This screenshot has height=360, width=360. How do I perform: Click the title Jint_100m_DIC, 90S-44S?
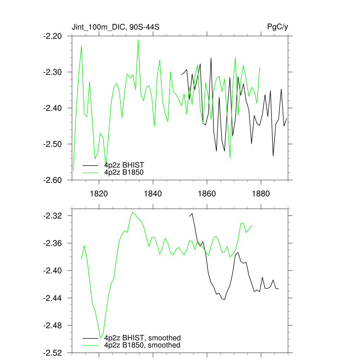116,27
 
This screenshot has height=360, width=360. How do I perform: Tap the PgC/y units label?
278,27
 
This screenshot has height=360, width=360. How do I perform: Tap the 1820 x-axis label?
99,193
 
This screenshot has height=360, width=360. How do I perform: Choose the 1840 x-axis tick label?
153,193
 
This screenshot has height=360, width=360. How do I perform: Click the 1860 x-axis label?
207,193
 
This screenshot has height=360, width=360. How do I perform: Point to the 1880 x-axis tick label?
261,193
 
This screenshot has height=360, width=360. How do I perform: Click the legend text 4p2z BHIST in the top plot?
124,165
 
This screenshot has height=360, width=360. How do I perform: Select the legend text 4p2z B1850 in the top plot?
124,172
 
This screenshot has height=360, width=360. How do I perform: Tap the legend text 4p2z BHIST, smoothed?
142,338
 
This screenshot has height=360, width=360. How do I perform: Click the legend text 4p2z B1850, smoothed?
142,345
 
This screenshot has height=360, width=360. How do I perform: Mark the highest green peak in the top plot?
138,40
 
